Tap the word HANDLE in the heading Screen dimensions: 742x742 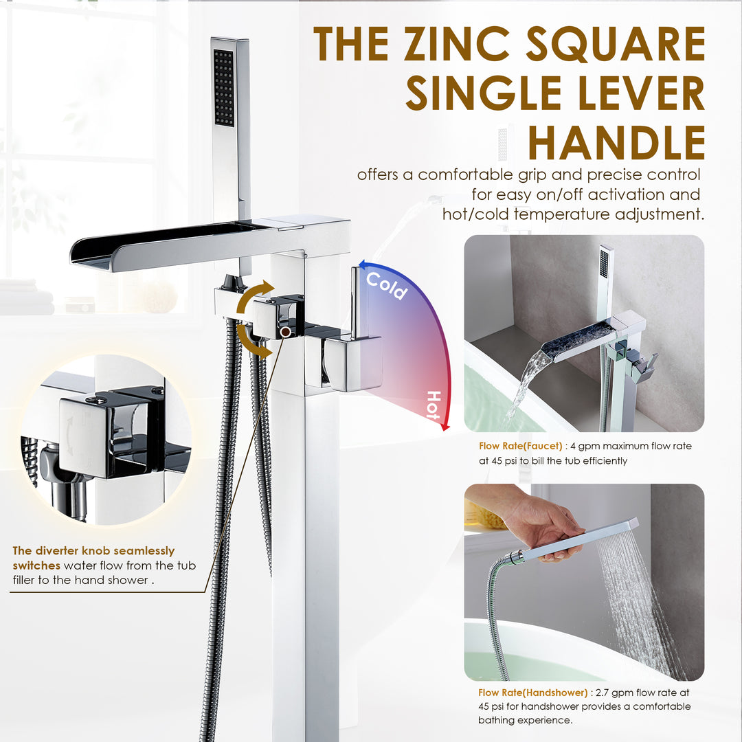(616, 143)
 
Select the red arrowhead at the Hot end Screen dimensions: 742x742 (445, 427)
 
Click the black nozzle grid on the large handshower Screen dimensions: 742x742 (224, 87)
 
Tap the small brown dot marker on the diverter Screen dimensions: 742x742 (284, 332)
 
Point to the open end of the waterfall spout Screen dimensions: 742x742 (93, 256)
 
